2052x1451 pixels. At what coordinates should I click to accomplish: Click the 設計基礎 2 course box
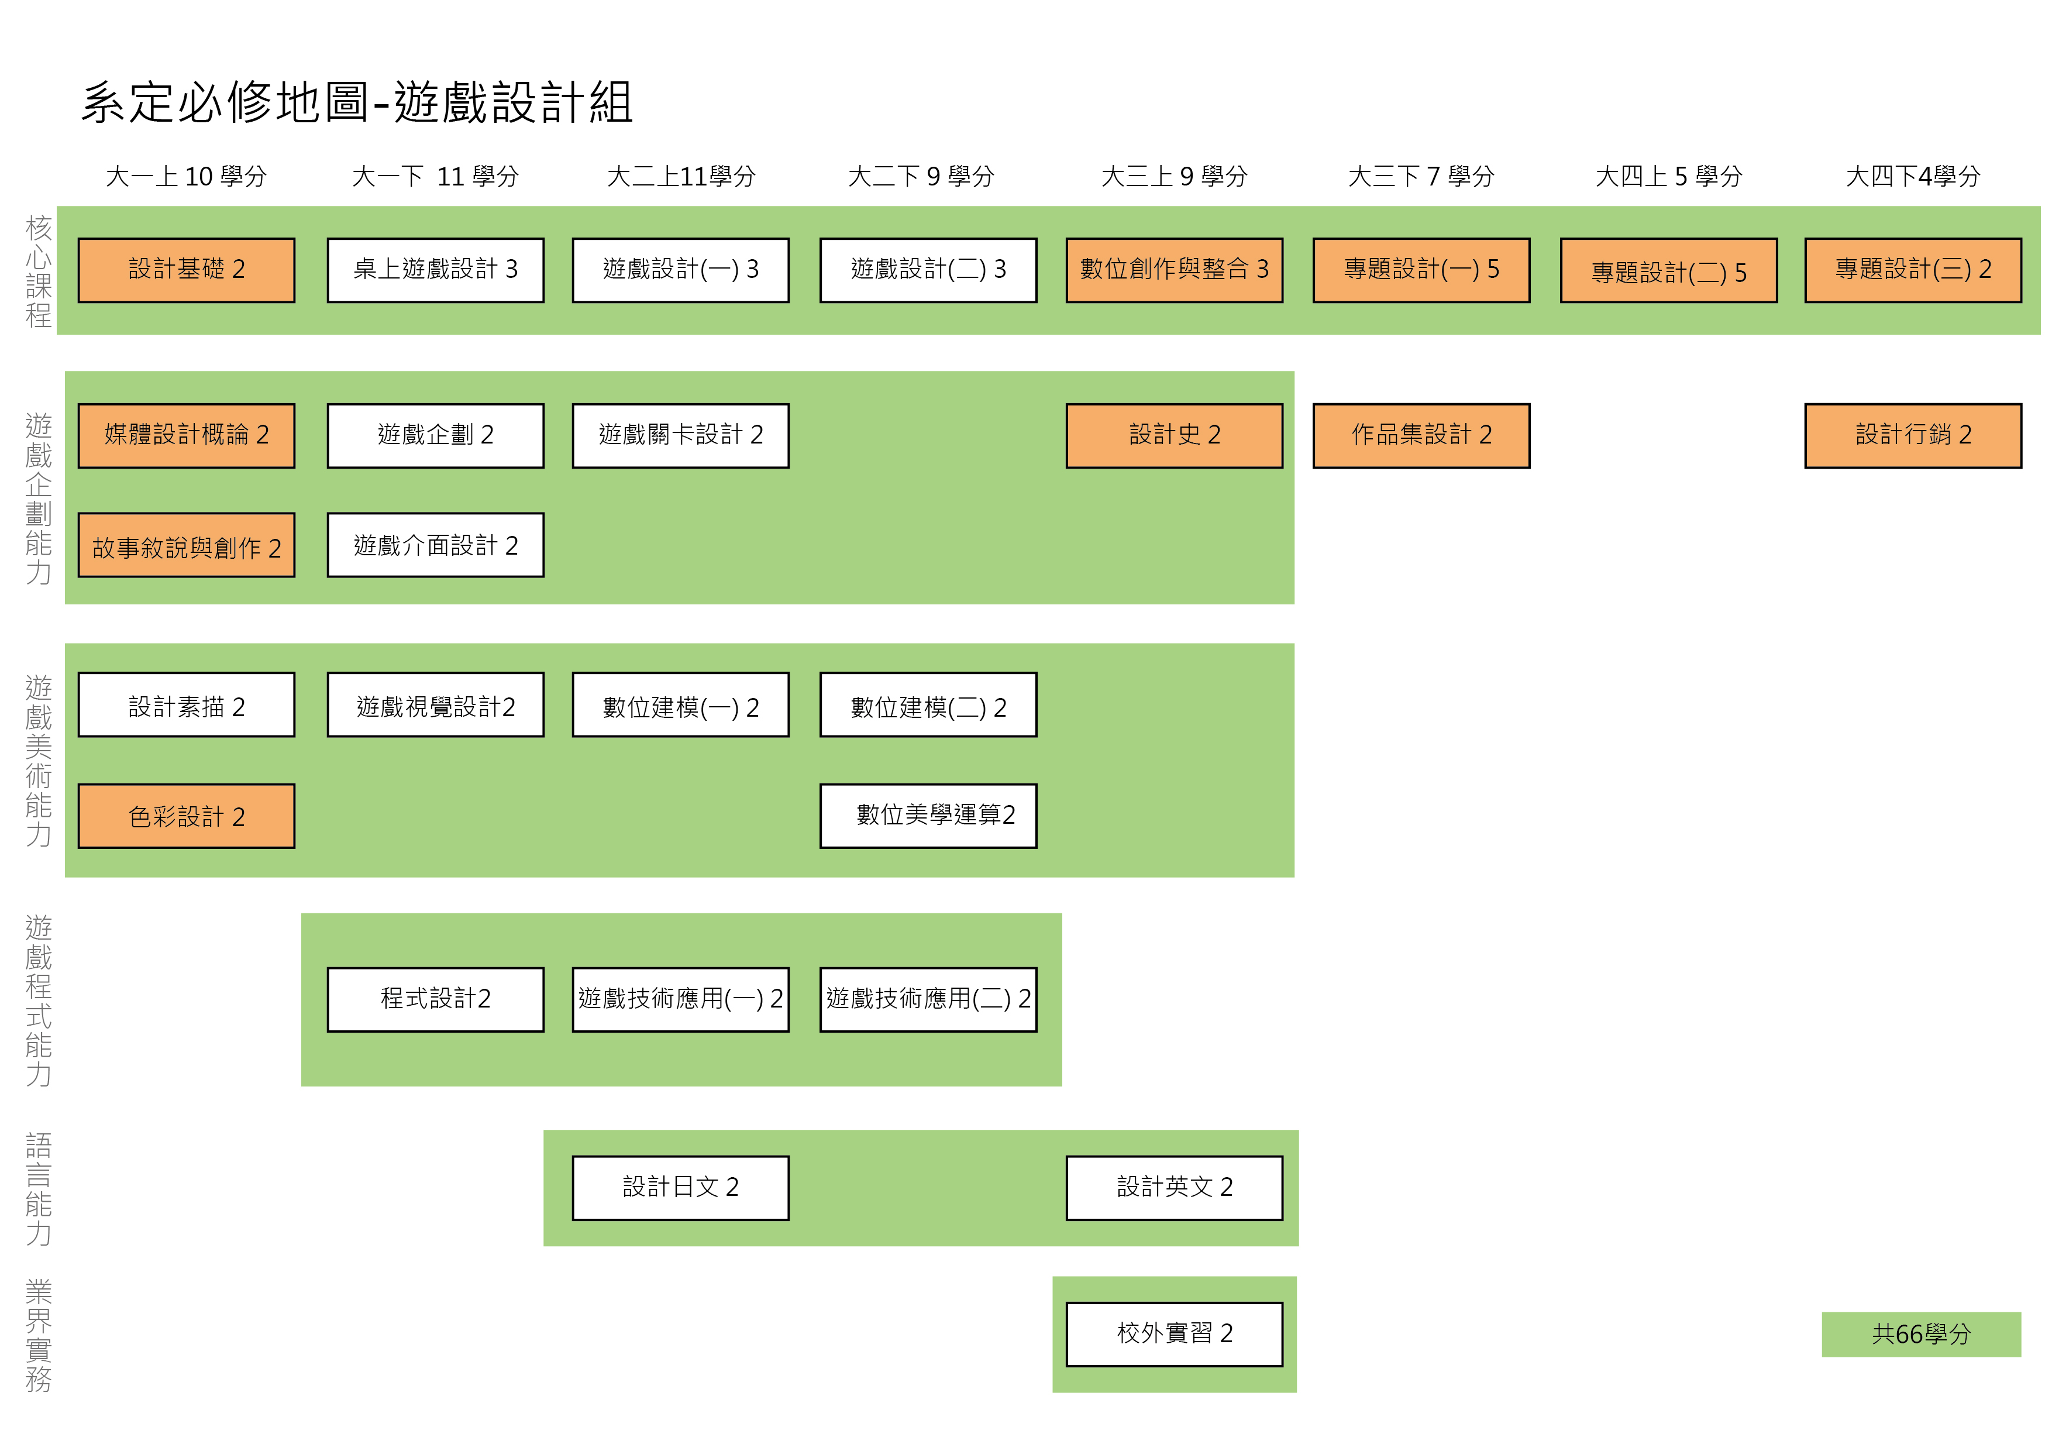pos(186,270)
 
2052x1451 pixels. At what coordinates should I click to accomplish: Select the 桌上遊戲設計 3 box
pos(435,270)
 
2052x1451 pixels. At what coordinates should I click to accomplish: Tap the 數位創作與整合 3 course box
pos(1173,270)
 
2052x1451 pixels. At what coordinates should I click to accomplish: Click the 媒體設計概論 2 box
pos(186,435)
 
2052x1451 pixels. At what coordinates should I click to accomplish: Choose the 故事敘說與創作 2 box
pos(186,545)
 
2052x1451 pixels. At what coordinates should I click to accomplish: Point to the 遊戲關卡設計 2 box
pos(680,435)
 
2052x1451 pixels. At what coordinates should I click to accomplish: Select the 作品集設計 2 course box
pos(1421,435)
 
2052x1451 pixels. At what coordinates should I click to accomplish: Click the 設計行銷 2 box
pos(1913,435)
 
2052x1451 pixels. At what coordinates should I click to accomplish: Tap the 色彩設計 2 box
pos(186,816)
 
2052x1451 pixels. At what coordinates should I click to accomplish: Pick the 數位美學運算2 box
pos(928,816)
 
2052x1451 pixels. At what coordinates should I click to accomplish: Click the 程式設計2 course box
pos(435,999)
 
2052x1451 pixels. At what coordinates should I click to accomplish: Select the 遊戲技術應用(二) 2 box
pos(928,999)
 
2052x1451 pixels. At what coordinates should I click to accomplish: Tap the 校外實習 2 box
pos(1173,1334)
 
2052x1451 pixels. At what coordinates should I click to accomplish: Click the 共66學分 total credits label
pos(1920,1334)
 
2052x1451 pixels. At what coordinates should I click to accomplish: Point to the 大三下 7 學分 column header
pos(1420,176)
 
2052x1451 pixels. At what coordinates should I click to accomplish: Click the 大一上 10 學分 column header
pos(186,176)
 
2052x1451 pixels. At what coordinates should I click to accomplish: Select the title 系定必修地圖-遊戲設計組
pos(357,102)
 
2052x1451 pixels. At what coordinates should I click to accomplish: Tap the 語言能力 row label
pos(39,1189)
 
